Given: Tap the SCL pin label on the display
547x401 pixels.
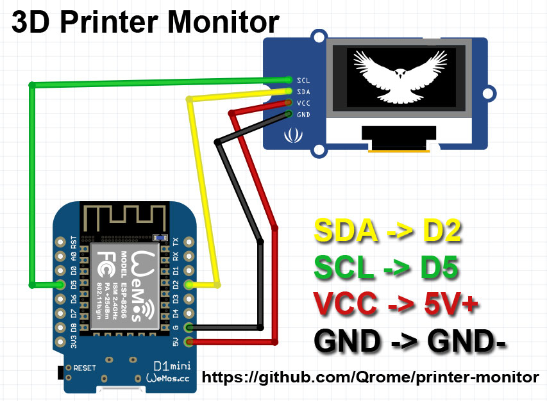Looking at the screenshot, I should point(303,80).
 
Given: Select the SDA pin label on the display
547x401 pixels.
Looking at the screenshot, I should point(303,92).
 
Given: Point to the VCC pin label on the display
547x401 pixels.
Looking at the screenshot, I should point(303,103).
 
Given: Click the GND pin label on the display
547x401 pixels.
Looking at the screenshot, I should point(303,115).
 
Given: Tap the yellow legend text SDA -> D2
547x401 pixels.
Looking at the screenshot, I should point(387,232).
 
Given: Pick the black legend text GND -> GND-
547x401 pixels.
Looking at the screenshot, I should point(410,341).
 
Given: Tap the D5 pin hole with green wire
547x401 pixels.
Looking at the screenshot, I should point(60,284).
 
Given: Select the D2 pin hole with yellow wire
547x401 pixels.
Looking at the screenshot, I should point(189,284).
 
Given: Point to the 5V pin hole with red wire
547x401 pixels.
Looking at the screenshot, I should point(189,342).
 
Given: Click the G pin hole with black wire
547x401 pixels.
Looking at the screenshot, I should point(189,328).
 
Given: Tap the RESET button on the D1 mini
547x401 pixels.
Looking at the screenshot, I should point(62,370).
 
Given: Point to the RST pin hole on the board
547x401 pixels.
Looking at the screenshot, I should point(60,242).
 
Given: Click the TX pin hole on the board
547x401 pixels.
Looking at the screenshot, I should point(189,242).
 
